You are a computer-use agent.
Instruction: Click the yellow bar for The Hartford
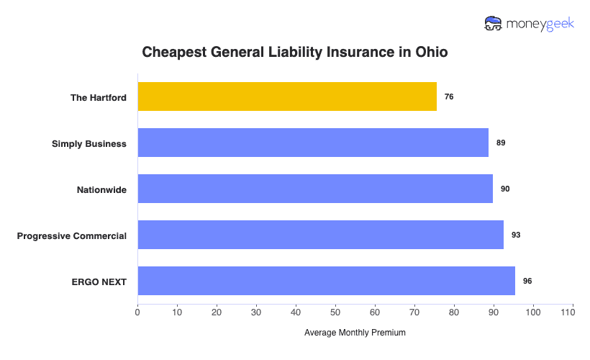tap(287, 96)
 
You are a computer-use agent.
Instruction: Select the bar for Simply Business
tap(313, 143)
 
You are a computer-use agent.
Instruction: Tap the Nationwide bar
tap(315, 189)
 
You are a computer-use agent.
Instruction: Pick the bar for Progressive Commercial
tap(321, 235)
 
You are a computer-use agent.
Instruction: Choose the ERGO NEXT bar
tap(327, 281)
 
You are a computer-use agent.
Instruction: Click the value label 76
tap(449, 96)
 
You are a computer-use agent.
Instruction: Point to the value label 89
tap(501, 143)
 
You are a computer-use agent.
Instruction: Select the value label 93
tap(516, 235)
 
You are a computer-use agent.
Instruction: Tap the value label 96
tap(527, 281)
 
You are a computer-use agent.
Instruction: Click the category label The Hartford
tap(99, 97)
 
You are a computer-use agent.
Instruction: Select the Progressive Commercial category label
tap(72, 235)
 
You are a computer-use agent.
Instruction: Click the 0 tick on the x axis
tap(137, 312)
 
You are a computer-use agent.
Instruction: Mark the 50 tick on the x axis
tap(335, 312)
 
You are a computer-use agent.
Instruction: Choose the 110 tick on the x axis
tap(572, 312)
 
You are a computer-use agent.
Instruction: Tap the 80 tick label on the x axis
tap(454, 312)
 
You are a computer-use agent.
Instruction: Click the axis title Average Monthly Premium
tap(355, 333)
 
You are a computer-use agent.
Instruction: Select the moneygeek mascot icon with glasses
tap(494, 24)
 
